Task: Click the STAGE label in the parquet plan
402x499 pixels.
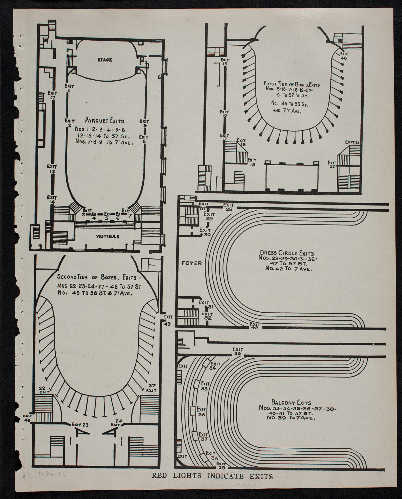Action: [x=105, y=60]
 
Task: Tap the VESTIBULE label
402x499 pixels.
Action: [x=108, y=237]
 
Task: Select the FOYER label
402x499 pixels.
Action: [x=192, y=263]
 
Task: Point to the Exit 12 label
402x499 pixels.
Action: [x=51, y=95]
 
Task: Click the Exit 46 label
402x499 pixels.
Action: [x=344, y=55]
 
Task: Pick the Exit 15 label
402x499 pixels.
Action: [x=225, y=62]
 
